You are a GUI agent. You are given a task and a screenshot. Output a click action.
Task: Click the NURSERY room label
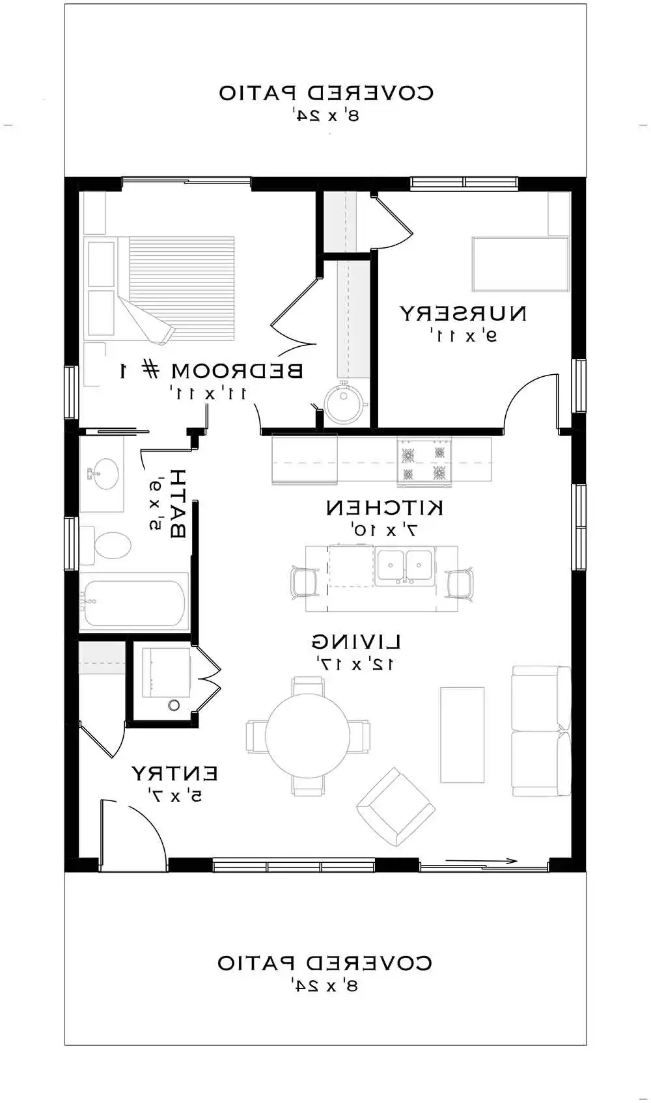[462, 314]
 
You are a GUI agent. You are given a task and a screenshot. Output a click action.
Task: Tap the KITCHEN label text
[385, 508]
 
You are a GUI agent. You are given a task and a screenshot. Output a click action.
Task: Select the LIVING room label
[355, 642]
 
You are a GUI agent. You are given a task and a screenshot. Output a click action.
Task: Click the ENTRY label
[174, 774]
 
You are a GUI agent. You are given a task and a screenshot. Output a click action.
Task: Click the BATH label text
[177, 503]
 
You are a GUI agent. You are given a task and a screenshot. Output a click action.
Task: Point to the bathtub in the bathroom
[133, 602]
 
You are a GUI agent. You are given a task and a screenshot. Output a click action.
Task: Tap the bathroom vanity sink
[103, 472]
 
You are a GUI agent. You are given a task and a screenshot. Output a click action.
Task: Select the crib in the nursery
[520, 264]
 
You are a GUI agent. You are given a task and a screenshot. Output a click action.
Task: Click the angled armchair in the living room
[395, 807]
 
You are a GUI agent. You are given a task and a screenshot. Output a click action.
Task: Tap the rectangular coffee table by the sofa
[462, 735]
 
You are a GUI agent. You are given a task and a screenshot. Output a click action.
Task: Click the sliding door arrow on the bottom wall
[482, 862]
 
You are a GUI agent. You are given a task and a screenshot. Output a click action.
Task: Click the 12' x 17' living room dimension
[355, 664]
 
